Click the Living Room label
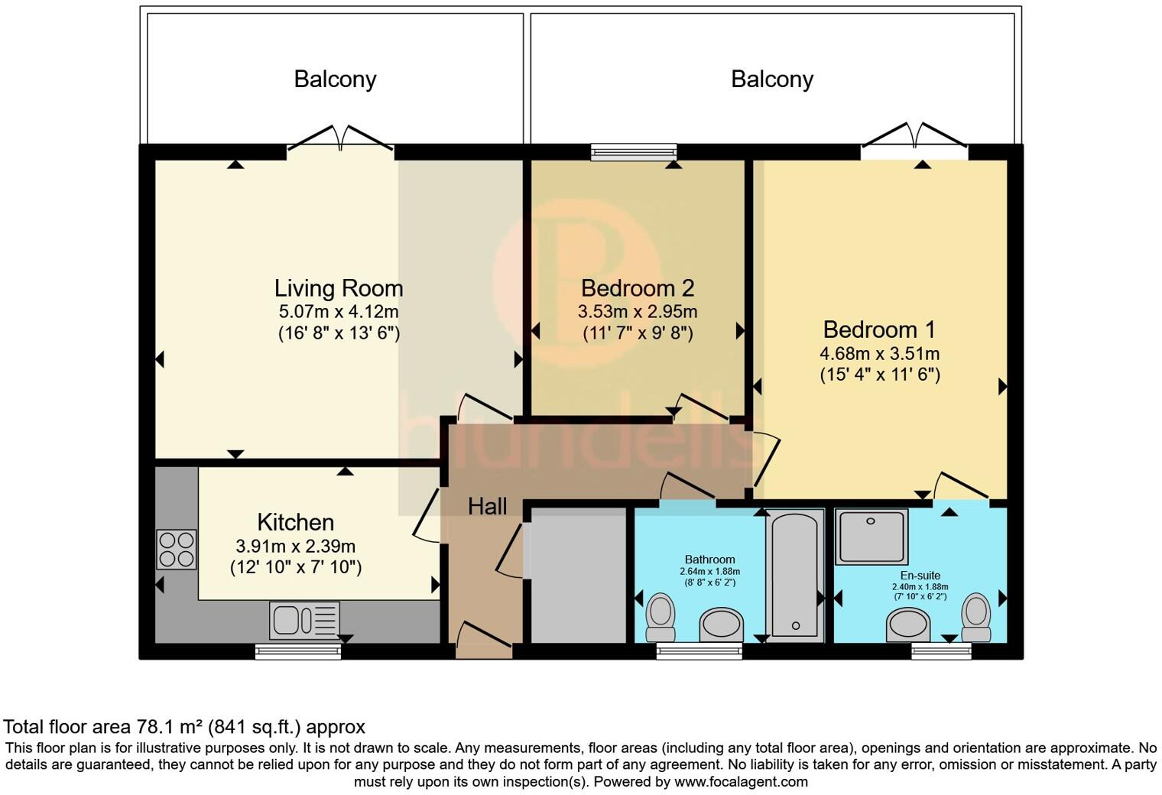338,289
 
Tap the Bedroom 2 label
638,288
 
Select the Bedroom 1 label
880,329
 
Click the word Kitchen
296,522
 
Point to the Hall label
487,507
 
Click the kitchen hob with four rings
177,550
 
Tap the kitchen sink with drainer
304,621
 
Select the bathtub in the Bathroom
795,576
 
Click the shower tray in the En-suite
871,537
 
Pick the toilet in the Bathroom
661,617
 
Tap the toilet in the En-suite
975,617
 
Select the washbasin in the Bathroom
722,625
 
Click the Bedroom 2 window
634,152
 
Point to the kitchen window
298,651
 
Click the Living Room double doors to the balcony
340,139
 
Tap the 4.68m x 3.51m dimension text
880,354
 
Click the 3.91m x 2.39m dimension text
296,546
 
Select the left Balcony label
335,79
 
